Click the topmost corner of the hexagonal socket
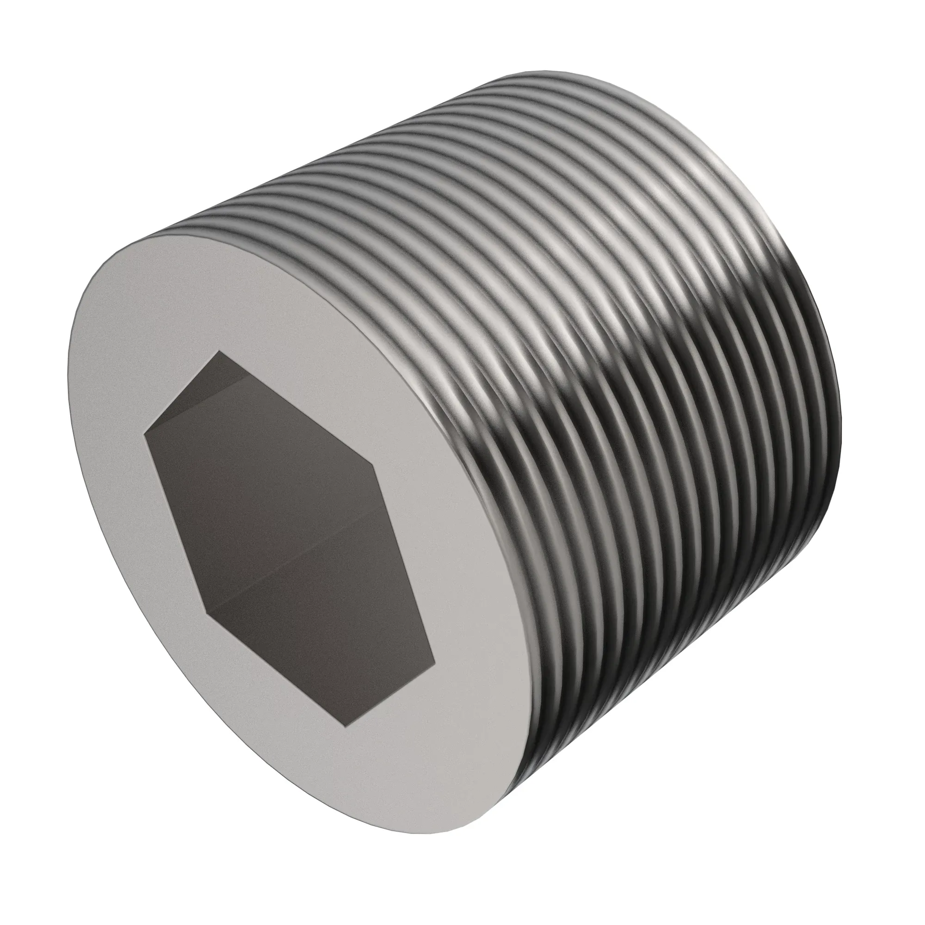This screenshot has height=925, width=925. click(x=219, y=351)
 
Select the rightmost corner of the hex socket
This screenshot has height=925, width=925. click(x=435, y=665)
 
